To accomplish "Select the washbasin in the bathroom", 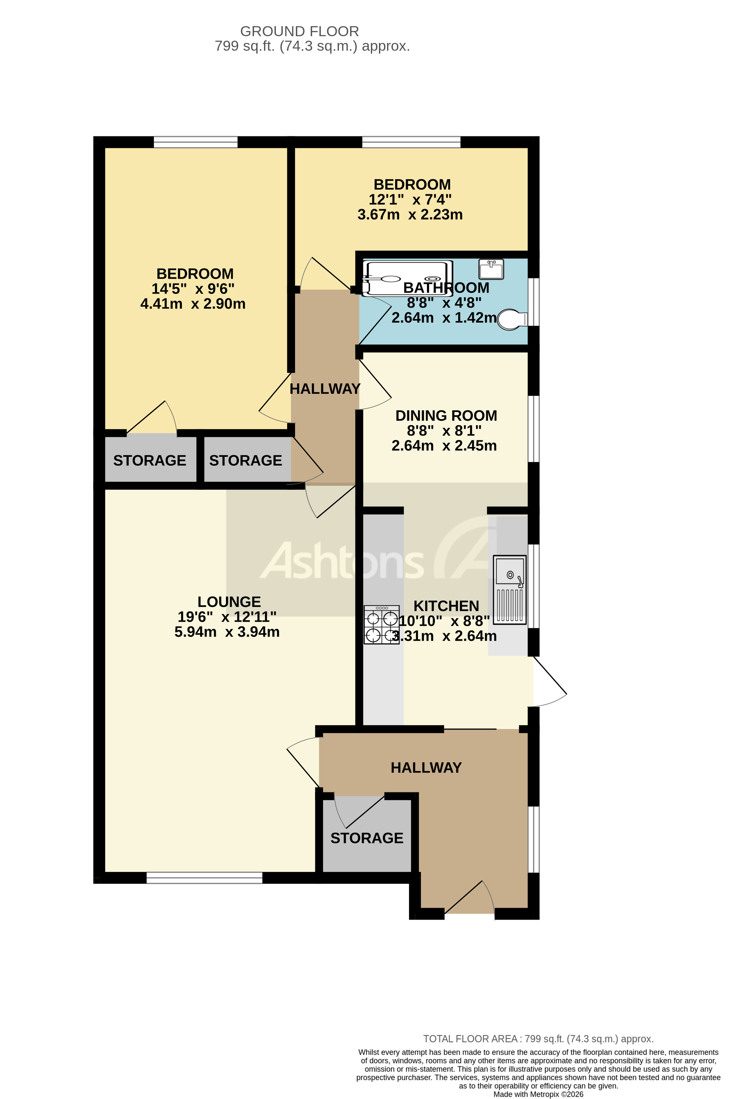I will pos(491,270).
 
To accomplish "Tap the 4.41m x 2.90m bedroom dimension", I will pos(193,303).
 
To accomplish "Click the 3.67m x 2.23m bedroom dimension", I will pos(410,215).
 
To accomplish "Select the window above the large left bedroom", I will pos(195,142).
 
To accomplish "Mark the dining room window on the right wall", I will pos(533,428).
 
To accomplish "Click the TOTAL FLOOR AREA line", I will pos(538,1039).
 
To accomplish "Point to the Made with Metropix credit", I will pos(538,1094).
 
